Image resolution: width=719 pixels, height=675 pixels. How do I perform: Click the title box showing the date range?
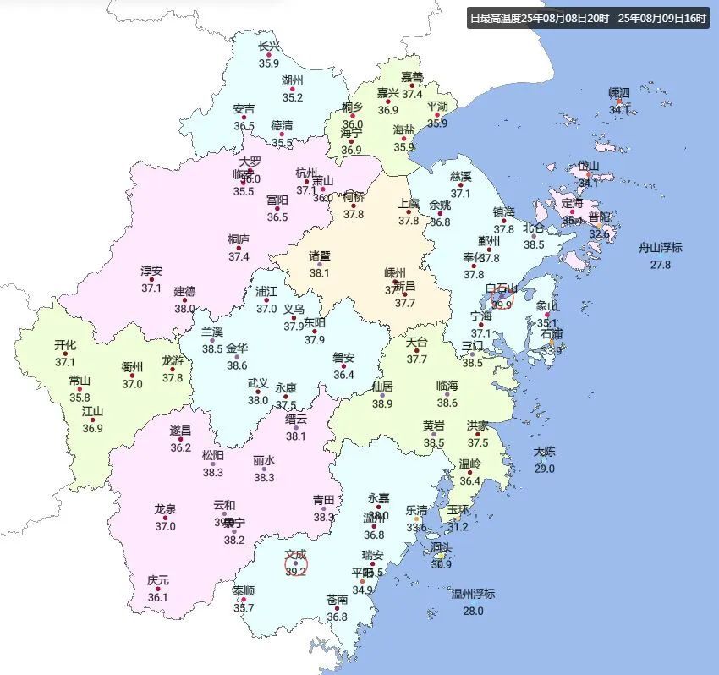pos(587,18)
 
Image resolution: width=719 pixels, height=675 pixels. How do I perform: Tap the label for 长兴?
pos(268,47)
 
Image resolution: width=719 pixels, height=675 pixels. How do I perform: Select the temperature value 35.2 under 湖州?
pos(293,97)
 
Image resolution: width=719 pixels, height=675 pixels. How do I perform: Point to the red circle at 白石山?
pos(502,298)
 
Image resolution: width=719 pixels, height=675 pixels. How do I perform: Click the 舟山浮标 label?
pos(660,248)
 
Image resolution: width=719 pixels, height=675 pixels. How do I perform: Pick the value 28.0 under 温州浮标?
pos(473,611)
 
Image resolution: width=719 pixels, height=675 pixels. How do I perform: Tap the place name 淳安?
pos(151,272)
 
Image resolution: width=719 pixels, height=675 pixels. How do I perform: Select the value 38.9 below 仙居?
pos(382,403)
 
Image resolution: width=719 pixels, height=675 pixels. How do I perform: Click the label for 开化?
pos(65,345)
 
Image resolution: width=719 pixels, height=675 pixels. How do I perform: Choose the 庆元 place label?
pos(158,581)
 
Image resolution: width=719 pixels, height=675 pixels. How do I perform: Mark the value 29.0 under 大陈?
pos(544,469)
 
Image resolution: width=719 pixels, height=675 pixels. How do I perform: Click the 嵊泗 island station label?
pos(619,92)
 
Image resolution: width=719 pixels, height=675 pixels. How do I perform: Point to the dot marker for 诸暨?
pos(319,265)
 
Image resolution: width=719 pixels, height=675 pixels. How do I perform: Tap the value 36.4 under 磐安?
pos(343,375)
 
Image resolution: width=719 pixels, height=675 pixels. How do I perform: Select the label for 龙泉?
pos(165,509)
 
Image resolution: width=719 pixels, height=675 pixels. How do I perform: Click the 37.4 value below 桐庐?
pos(239,256)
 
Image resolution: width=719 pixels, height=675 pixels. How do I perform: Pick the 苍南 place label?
pos(337,600)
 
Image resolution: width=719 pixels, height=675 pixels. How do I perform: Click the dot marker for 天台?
pos(416,351)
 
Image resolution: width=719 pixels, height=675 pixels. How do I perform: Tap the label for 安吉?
pos(244,109)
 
